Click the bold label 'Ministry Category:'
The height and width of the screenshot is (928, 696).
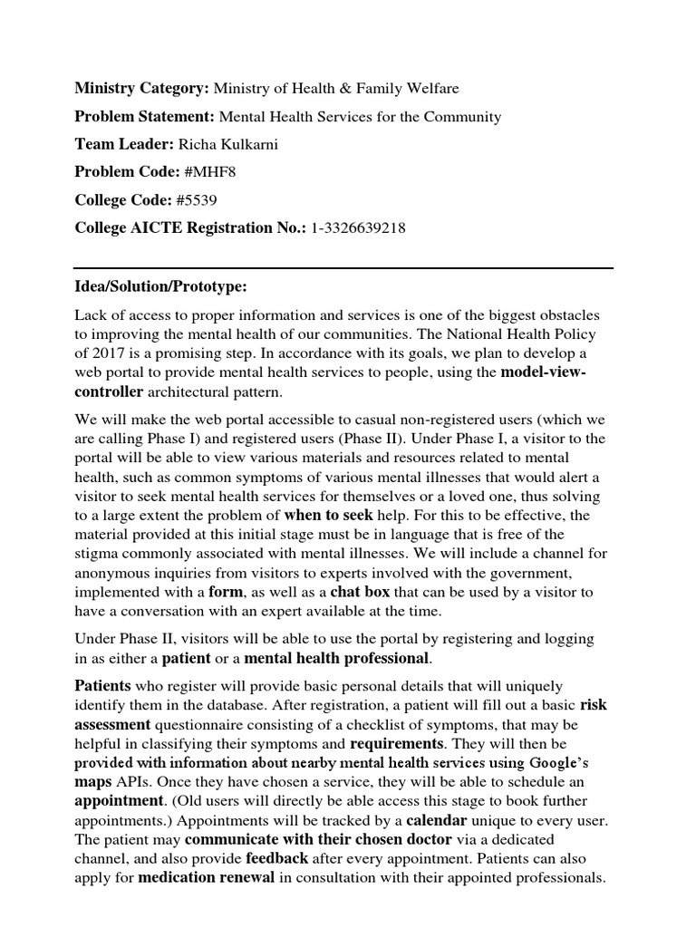[141, 89]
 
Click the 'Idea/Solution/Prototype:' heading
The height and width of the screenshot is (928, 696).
[160, 286]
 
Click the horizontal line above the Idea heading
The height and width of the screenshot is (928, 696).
[343, 268]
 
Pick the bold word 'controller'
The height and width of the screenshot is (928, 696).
[109, 391]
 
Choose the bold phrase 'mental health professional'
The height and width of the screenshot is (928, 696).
[336, 658]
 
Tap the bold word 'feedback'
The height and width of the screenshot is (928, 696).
[277, 858]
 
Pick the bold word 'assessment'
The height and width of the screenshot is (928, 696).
[112, 724]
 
